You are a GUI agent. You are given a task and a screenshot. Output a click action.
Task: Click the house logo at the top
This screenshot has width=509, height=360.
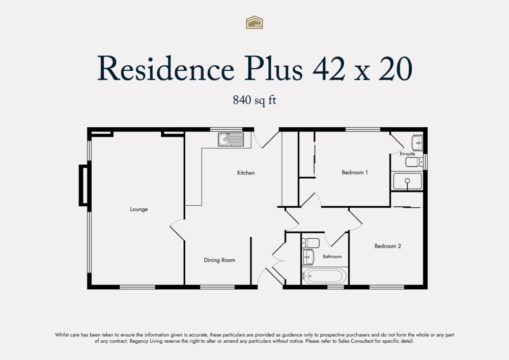254,22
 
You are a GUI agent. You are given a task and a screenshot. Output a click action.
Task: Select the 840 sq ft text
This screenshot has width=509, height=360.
254,100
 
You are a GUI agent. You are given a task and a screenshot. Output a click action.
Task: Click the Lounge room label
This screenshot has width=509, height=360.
138,209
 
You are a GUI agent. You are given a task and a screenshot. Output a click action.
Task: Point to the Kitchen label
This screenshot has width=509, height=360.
246,173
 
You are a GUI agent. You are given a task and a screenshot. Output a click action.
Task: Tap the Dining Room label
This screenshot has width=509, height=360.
219,260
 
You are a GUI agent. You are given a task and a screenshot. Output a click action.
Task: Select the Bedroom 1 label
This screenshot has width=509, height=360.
355,173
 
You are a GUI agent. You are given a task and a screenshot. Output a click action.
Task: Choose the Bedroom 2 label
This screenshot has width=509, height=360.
388,246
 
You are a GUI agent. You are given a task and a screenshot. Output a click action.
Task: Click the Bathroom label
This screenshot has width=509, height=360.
332,257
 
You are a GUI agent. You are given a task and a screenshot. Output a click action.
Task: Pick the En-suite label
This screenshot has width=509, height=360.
407,153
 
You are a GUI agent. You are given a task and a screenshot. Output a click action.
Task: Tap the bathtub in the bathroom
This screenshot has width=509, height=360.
324,276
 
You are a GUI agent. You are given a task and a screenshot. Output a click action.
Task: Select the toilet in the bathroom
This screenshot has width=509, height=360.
310,243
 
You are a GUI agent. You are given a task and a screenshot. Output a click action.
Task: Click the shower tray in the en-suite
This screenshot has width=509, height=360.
407,181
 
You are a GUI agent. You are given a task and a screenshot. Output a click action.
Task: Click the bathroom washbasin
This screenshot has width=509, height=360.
308,257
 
